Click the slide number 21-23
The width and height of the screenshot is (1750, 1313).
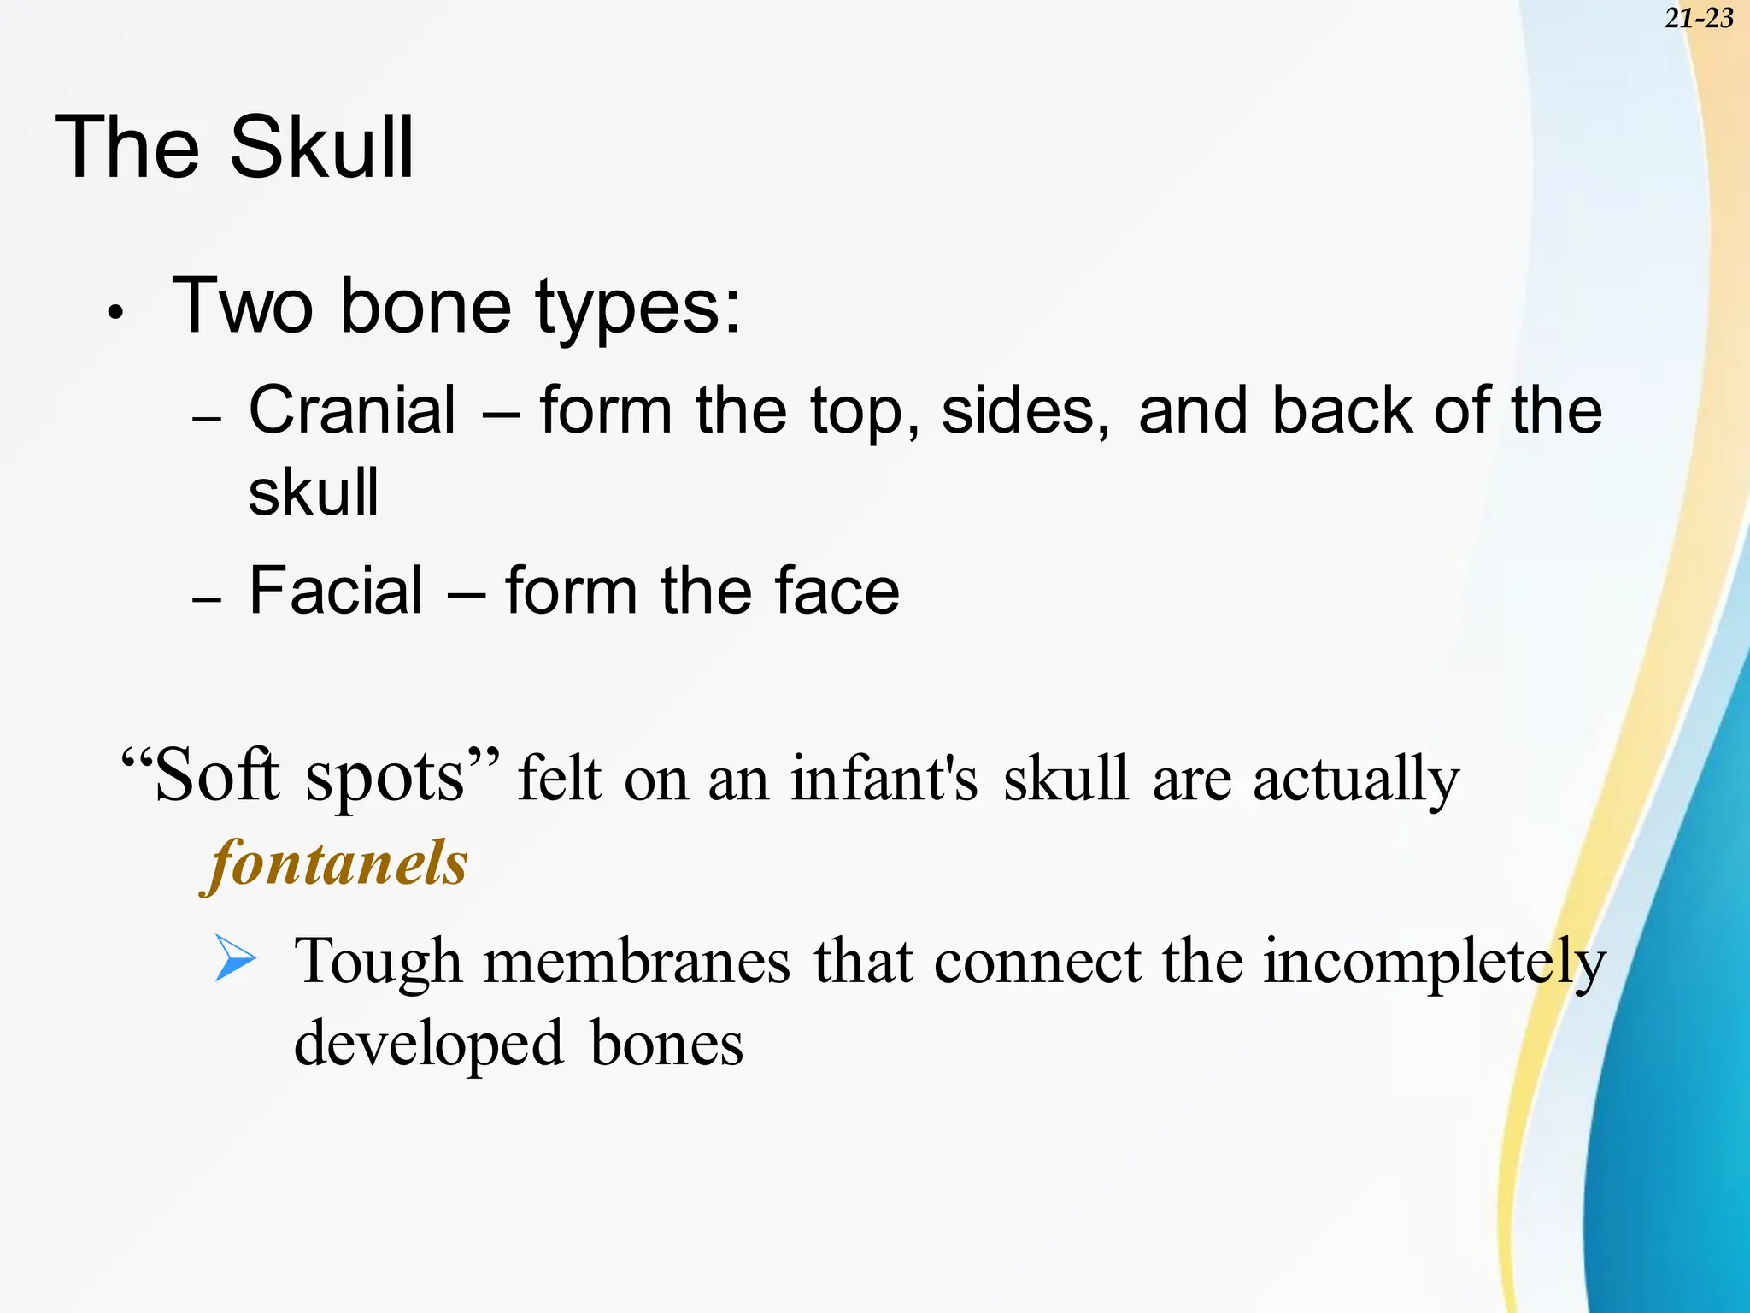point(1699,18)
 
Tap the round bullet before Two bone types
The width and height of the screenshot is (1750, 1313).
point(116,314)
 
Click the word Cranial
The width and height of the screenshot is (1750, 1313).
point(352,410)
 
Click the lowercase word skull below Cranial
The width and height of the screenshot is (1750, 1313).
point(313,493)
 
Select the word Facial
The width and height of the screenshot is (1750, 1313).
point(336,591)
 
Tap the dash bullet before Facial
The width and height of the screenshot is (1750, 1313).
point(207,601)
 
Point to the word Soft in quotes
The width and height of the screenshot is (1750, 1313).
point(217,774)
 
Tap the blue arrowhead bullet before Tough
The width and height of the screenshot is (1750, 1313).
point(235,957)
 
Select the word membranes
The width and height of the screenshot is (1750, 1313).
point(637,962)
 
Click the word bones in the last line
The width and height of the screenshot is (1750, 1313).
point(667,1045)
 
